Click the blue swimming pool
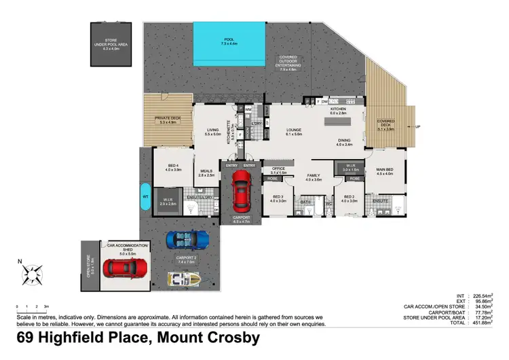229,41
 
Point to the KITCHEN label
338,109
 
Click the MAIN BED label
385,170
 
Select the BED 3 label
278,198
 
